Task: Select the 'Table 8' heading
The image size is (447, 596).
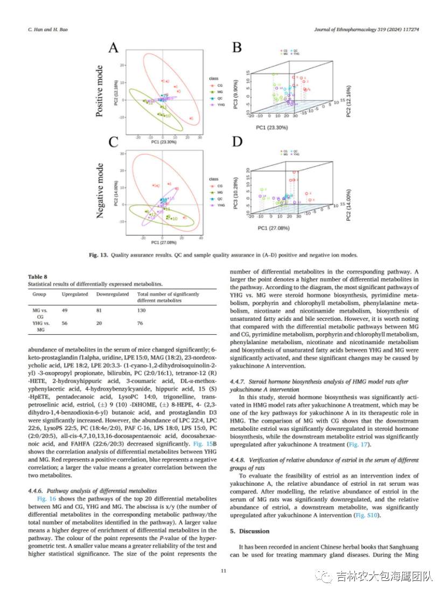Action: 38,277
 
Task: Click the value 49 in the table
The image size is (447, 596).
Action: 65,311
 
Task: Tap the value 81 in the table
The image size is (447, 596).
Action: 100,311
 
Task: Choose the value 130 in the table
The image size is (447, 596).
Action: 142,311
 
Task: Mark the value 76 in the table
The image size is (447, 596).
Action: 141,323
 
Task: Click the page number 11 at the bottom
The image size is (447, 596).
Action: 223,570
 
